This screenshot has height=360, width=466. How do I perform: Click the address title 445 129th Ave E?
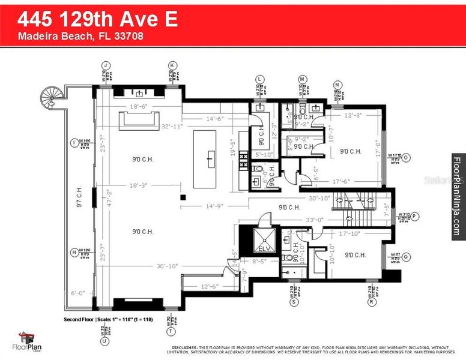pos(97,19)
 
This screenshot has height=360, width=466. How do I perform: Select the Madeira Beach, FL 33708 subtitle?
pos(80,37)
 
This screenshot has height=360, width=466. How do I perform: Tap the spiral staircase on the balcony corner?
pos(52,96)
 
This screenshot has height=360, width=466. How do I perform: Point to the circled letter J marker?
pos(107,65)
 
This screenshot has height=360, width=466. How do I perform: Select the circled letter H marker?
pos(74,253)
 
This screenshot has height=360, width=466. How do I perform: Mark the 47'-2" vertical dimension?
pos(109,198)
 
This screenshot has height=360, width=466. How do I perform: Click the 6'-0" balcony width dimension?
pos(79,294)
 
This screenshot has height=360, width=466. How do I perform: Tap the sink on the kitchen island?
pos(210,158)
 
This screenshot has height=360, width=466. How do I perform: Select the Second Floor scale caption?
pos(109,320)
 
